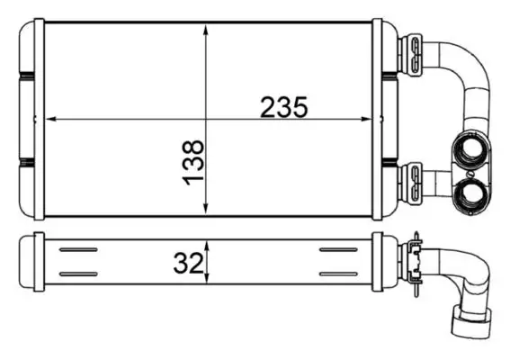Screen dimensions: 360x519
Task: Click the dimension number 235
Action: [x=284, y=107]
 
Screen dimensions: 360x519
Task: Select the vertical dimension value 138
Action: [x=192, y=163]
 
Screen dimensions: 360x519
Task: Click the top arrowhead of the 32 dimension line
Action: [x=208, y=244]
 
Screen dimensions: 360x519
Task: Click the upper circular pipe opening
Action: [x=469, y=151]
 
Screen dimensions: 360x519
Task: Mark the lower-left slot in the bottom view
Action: [x=78, y=274]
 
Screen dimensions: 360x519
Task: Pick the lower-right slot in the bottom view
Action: [x=338, y=274]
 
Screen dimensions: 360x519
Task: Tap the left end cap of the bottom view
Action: [x=38, y=261]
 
